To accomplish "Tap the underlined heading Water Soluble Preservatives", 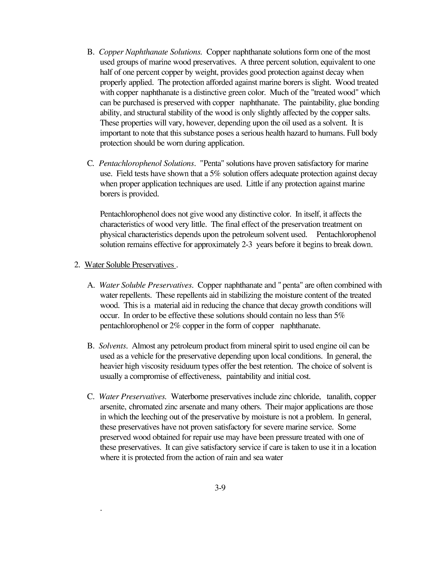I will tap(129, 265).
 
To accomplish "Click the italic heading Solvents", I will tap(113, 346).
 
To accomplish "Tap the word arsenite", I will tap(113, 407).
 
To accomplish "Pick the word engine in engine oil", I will tap(332, 346).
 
